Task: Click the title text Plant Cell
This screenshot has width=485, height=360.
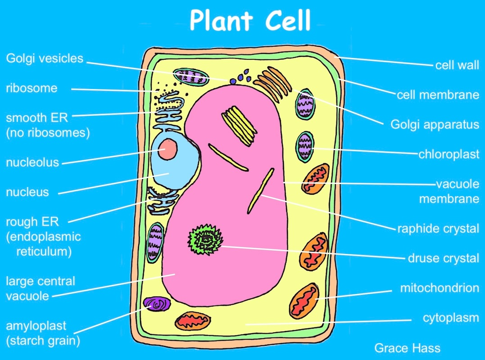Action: [250, 20]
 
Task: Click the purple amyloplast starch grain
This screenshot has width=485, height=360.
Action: [157, 305]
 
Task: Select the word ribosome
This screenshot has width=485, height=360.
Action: [32, 88]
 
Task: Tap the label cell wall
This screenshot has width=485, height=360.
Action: [457, 65]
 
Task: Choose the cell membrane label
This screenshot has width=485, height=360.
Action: [437, 95]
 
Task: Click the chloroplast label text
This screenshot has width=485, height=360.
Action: [449, 154]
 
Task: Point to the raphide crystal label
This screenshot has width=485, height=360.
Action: [437, 229]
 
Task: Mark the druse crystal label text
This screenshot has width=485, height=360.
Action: [443, 258]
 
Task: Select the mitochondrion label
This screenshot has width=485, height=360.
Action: [439, 288]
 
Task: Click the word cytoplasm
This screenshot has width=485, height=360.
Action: [450, 318]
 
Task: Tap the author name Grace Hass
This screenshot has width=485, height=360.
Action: [407, 348]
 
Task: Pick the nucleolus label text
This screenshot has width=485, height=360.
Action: [32, 162]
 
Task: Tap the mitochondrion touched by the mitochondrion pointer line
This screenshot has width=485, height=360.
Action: [304, 300]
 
